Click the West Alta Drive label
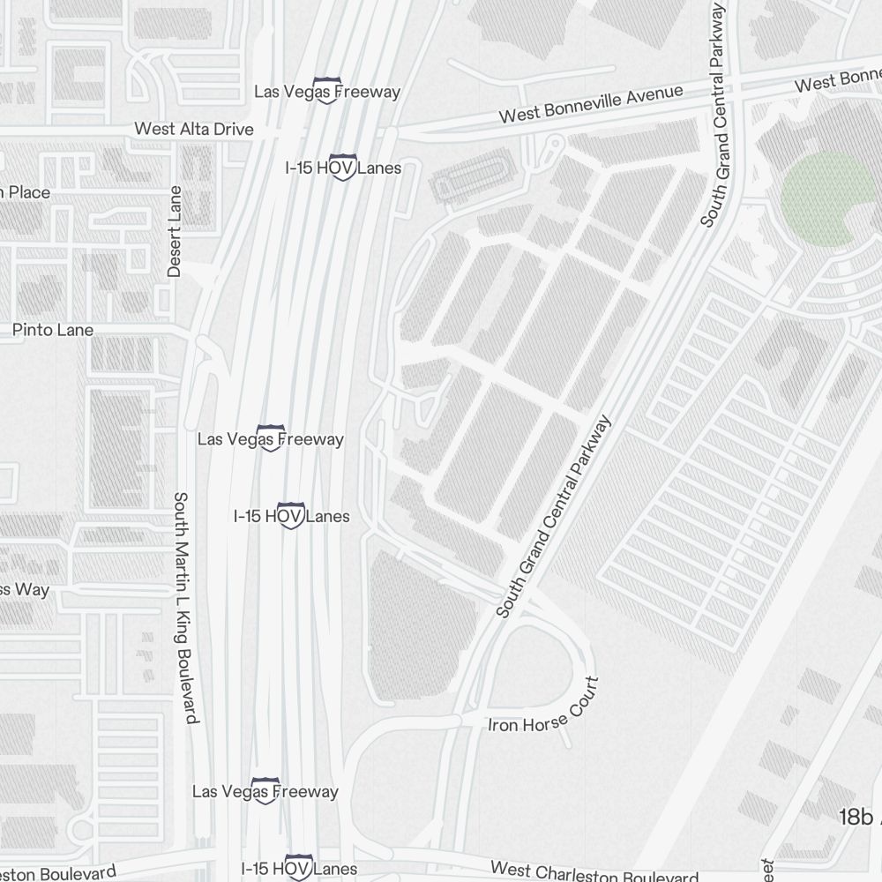tap(193, 130)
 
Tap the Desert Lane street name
tap(175, 232)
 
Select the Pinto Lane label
tap(53, 330)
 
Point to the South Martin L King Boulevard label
tap(186, 608)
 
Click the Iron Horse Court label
tap(544, 713)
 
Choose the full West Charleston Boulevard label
tap(594, 873)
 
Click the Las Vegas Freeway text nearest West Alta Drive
tap(326, 92)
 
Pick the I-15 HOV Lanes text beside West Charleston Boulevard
tap(299, 870)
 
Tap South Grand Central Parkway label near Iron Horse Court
tap(553, 518)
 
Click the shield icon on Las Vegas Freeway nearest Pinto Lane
tap(269, 439)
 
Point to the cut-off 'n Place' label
tap(25, 192)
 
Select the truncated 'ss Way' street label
tap(25, 589)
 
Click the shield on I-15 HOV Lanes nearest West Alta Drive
tap(342, 168)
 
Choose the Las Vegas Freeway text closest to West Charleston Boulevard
tap(265, 791)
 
